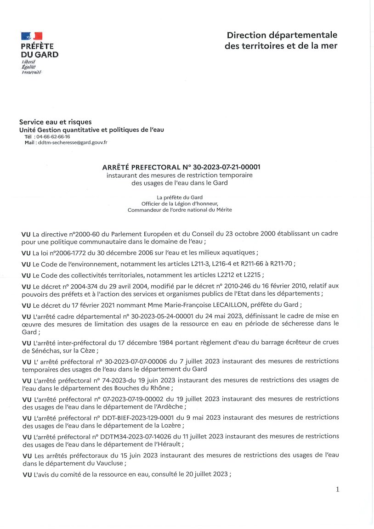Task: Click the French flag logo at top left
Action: [32, 35]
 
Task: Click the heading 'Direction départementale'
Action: [282, 35]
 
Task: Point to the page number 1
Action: [338, 490]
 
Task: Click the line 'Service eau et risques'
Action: [55, 122]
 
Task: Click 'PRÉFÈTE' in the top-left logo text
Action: [37, 46]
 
